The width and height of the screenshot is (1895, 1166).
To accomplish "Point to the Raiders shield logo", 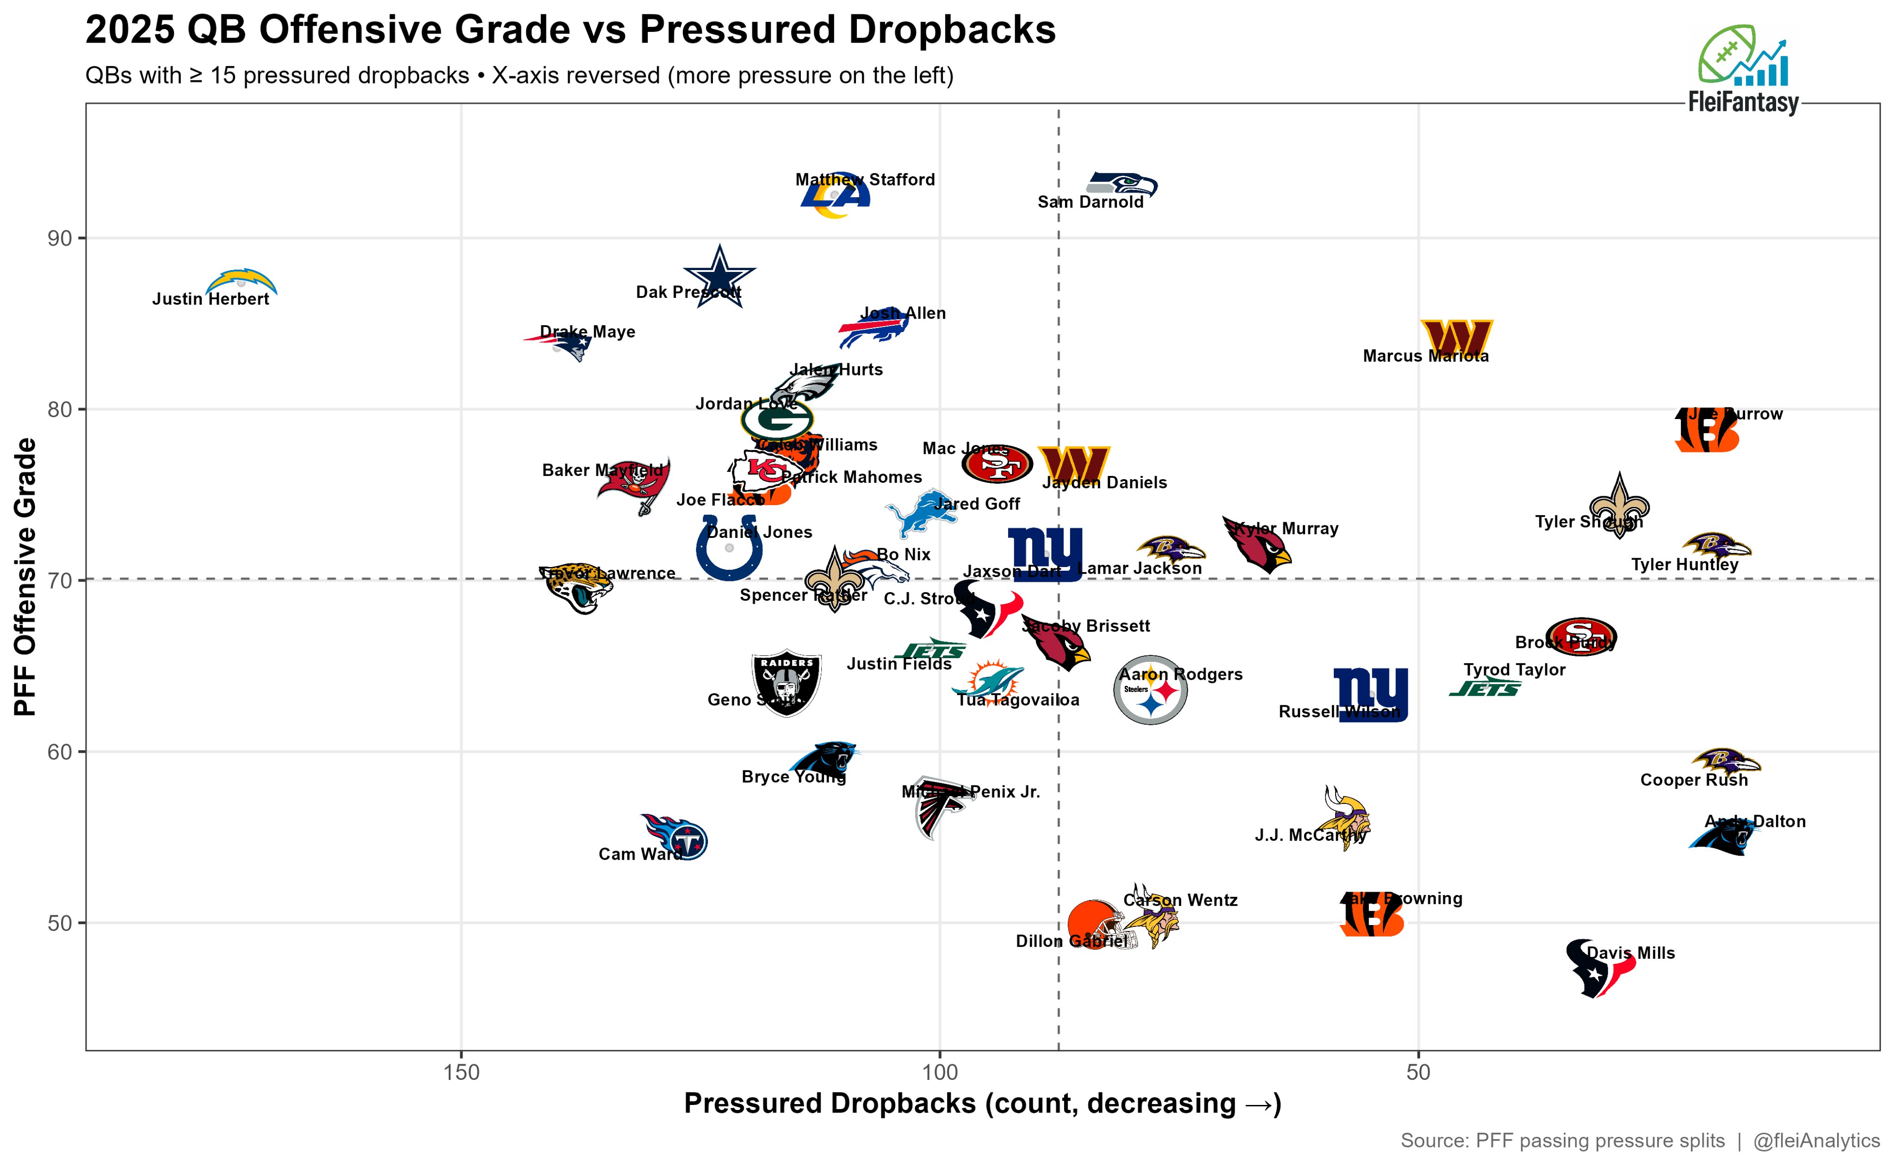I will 786,682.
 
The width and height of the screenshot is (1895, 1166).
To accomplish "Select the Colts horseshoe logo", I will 728,548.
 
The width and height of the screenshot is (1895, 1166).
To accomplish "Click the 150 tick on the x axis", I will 461,1072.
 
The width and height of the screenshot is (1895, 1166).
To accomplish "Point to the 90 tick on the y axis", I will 59,238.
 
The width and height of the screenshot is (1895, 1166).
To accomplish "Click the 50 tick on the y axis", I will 59,923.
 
